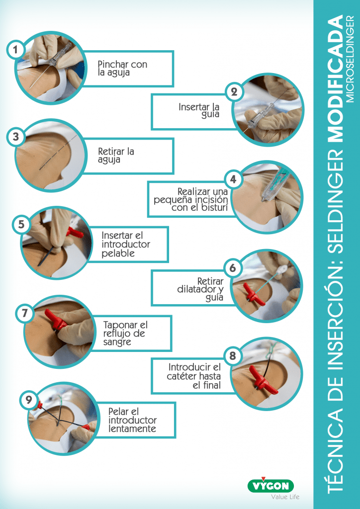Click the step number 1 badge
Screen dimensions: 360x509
tap(15, 50)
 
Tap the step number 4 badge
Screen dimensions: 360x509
tap(233, 179)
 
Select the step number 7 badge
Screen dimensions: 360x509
tap(24, 314)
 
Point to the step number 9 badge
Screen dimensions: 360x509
tap(28, 400)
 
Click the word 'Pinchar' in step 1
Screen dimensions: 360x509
tap(113, 64)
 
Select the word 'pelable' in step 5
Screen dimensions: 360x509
tap(118, 254)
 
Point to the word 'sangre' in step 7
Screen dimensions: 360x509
tap(117, 342)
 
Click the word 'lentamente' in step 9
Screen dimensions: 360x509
tap(132, 429)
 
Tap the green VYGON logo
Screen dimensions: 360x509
tap(270, 485)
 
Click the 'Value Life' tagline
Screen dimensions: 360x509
tap(285, 497)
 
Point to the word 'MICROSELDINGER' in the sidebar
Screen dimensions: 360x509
tap(350, 59)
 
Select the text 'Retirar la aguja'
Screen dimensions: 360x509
tap(116, 156)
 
